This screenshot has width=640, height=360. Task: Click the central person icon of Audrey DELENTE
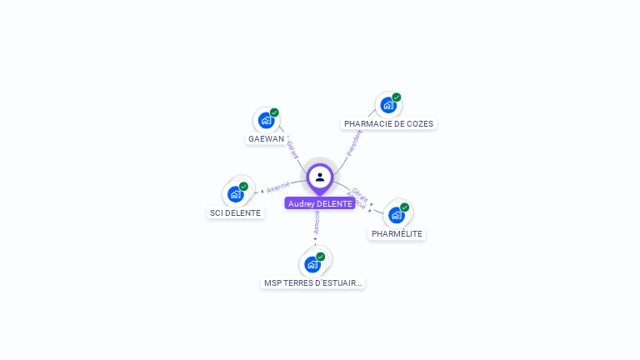320,177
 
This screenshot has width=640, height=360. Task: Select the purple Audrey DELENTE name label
320,203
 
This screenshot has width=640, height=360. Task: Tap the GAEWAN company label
267,139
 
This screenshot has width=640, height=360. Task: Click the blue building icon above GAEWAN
266,120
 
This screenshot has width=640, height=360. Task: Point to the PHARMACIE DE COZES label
389,123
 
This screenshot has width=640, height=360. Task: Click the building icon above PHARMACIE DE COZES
387,105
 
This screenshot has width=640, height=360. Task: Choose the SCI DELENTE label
235,212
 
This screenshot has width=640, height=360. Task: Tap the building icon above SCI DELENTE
235,194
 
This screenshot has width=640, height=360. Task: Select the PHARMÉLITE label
397,234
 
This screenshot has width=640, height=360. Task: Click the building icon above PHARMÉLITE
397,214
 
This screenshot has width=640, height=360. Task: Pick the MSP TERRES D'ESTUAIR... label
312,282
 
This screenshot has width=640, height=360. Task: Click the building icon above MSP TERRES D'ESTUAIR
312,264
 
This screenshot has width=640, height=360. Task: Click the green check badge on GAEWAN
274,112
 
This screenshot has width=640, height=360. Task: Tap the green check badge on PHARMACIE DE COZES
397,97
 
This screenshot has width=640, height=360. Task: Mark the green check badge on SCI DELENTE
243,187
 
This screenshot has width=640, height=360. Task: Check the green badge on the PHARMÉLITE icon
404,207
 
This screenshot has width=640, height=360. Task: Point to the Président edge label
354,142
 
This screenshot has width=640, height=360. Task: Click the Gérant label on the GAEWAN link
292,149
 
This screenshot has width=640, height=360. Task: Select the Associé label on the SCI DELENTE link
278,186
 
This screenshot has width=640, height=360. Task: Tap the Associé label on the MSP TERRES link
317,222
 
